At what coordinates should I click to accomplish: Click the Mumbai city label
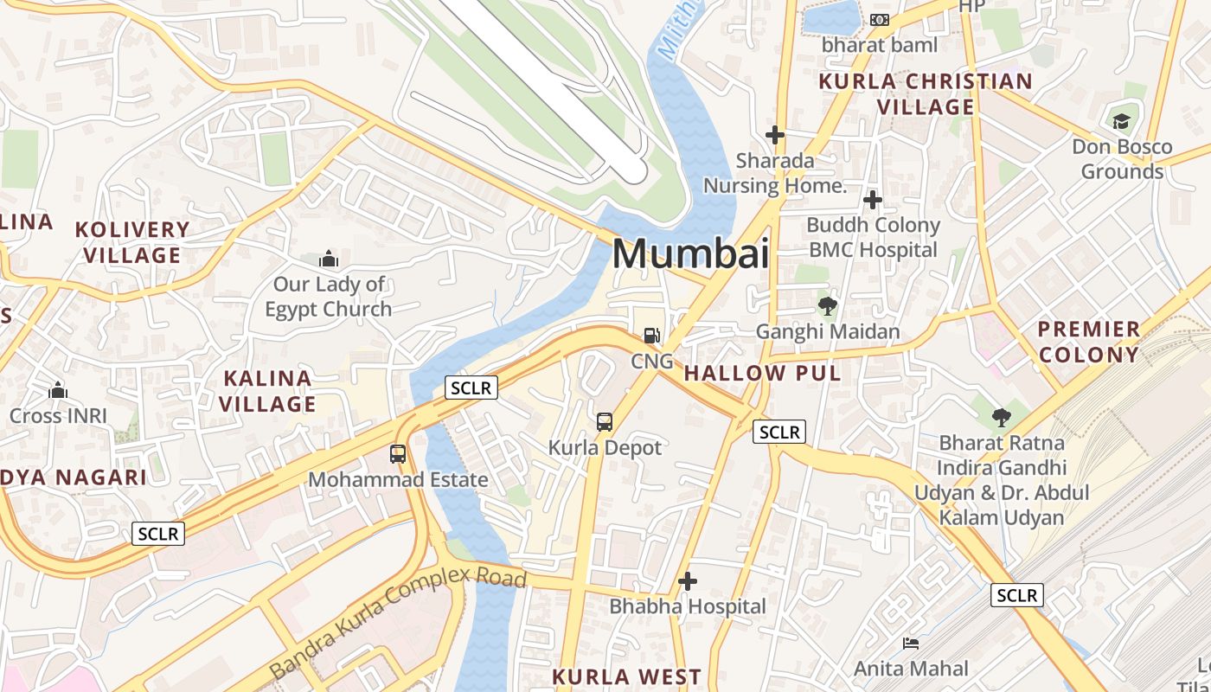(690, 253)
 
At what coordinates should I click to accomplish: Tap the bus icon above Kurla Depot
(605, 422)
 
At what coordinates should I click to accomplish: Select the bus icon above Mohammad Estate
(398, 453)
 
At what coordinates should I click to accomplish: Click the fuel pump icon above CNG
(651, 335)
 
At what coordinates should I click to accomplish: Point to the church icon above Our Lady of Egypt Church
(329, 259)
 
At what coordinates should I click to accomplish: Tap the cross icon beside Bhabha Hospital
(688, 581)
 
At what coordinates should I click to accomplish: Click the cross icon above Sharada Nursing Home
(775, 135)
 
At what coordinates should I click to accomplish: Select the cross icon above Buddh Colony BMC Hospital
(873, 201)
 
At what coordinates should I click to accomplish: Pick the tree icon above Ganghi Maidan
(828, 305)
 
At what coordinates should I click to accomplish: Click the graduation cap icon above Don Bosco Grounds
(1121, 121)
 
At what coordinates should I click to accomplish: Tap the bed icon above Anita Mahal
(911, 644)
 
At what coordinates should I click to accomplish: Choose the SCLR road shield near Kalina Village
(471, 388)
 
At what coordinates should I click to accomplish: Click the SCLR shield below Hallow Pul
(779, 432)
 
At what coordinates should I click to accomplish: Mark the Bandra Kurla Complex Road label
(397, 620)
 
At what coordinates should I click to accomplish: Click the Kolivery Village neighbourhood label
(132, 242)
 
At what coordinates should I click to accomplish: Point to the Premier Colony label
(1089, 342)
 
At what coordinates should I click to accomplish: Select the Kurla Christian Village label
(926, 94)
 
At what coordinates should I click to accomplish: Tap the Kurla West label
(627, 676)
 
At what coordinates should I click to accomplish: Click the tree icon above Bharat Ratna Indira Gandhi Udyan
(1001, 418)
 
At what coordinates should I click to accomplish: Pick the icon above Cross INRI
(58, 390)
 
